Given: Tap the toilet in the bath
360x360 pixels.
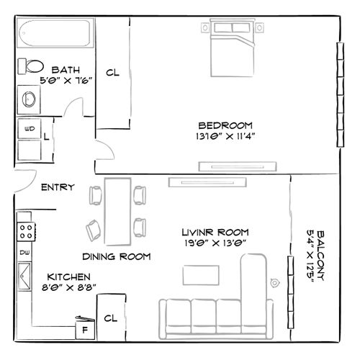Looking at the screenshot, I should pyautogui.click(x=30, y=66).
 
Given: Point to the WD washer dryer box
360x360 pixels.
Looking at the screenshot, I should pyautogui.click(x=30, y=129).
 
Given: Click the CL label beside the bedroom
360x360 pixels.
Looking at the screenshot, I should pyautogui.click(x=112, y=73).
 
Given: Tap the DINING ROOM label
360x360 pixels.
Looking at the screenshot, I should pyautogui.click(x=116, y=256).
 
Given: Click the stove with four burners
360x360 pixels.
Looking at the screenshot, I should pyautogui.click(x=27, y=231).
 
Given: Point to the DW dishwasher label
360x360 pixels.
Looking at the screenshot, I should pyautogui.click(x=24, y=253).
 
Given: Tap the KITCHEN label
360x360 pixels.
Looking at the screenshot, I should pyautogui.click(x=68, y=276).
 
